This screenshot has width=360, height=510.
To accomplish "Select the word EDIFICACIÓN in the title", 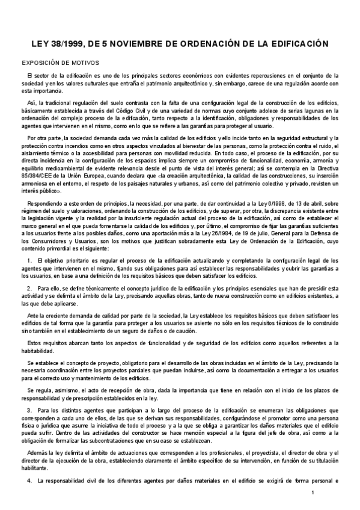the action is tap(296, 44).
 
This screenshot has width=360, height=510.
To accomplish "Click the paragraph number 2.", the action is tap(29, 289).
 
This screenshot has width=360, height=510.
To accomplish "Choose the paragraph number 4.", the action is tap(29, 482).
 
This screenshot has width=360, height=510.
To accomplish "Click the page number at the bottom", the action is tap(313, 493).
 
